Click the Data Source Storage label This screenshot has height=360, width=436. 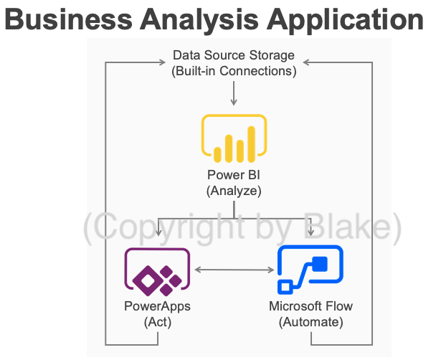click(x=234, y=56)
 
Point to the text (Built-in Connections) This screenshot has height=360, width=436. click(x=234, y=71)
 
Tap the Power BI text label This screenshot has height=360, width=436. click(x=234, y=176)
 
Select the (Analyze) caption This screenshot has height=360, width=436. click(x=234, y=191)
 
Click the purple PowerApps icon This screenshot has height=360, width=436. click(x=157, y=272)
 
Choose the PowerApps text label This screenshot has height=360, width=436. click(x=157, y=307)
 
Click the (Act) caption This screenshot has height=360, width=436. click(x=157, y=322)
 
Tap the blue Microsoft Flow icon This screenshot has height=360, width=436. click(x=311, y=270)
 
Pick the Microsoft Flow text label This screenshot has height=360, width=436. click(x=311, y=307)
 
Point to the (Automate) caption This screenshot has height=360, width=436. click(x=311, y=322)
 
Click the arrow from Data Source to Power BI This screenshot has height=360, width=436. click(x=234, y=94)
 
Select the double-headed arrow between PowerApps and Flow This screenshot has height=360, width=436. click(x=234, y=270)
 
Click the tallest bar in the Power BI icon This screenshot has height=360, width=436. click(x=252, y=143)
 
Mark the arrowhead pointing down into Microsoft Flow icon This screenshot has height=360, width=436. click(x=311, y=232)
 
